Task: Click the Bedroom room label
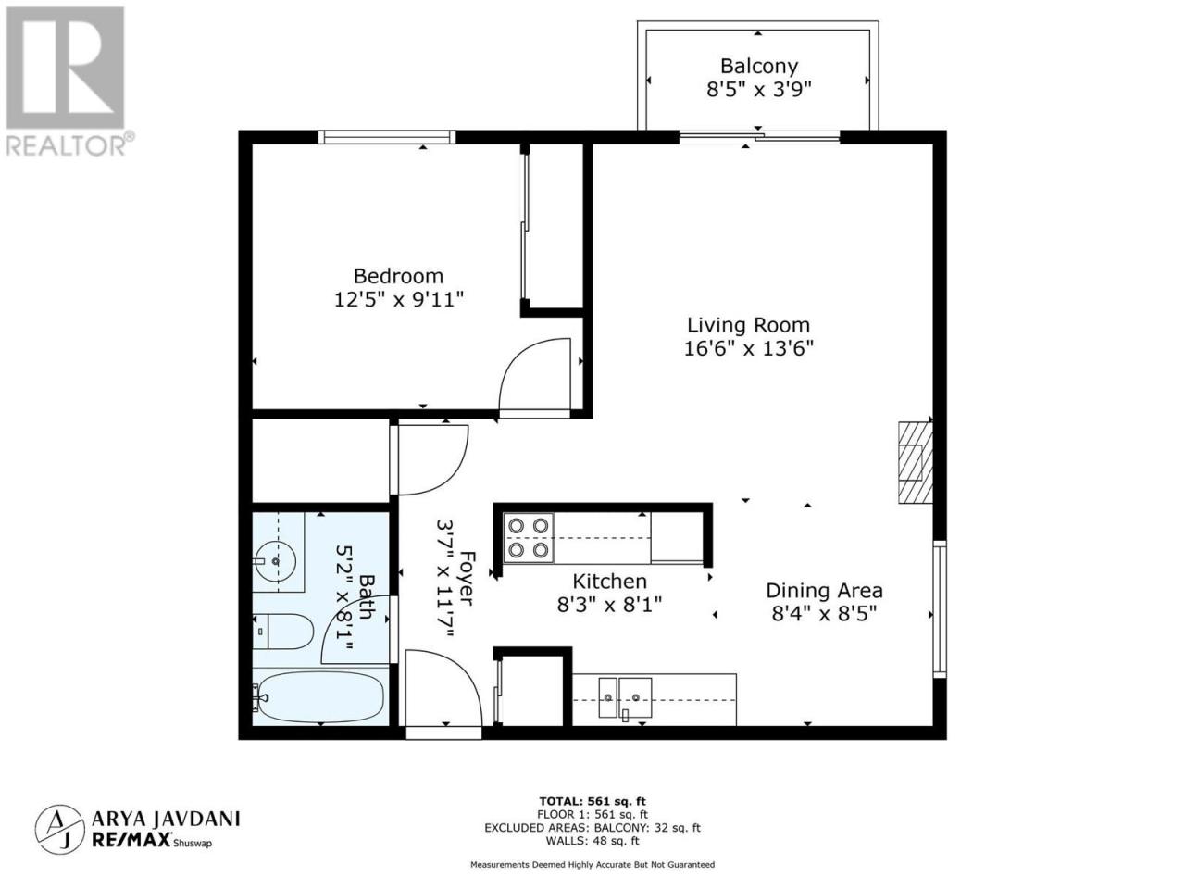(398, 276)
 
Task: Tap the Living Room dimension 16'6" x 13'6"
(748, 349)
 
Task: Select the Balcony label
(758, 67)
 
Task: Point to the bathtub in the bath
(320, 696)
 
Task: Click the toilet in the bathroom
(283, 631)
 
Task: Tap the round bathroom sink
(275, 561)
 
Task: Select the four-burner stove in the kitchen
(529, 538)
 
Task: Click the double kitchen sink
(625, 698)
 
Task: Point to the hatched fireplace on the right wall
(915, 462)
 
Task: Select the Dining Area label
(824, 591)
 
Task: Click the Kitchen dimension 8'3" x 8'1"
(609, 605)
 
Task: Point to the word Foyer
(466, 578)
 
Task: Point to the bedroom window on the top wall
(387, 137)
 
